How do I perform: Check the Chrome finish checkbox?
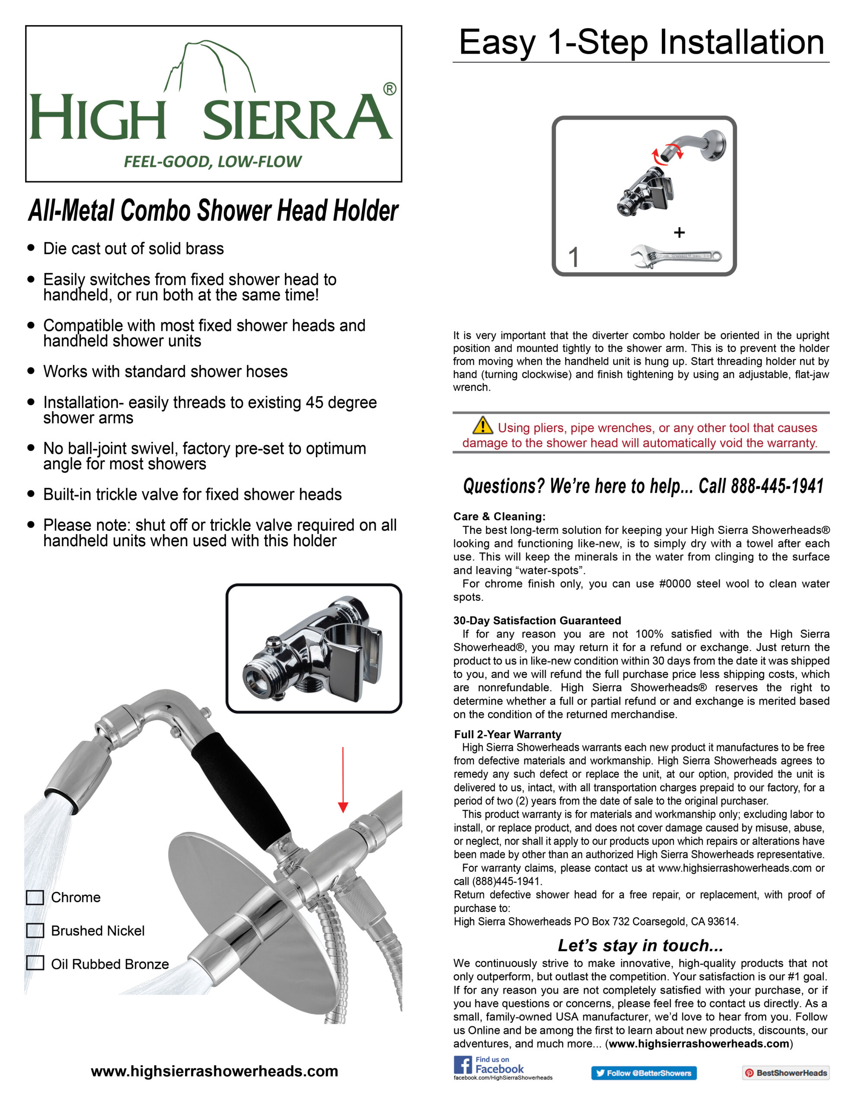tap(35, 897)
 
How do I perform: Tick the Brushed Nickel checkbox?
tap(35, 931)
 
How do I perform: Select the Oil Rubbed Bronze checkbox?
tap(35, 963)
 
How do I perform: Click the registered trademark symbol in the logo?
tap(389, 89)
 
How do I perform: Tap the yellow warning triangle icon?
tap(482, 426)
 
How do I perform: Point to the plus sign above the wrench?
tap(679, 232)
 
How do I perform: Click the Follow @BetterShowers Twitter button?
tap(643, 1073)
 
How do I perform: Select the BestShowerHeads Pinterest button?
tap(785, 1073)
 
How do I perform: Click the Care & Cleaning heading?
tap(499, 517)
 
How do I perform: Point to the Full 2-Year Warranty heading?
tap(507, 734)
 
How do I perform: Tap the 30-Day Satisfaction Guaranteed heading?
tap(537, 620)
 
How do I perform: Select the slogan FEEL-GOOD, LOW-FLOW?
tap(213, 162)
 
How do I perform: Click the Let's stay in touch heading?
tap(640, 945)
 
